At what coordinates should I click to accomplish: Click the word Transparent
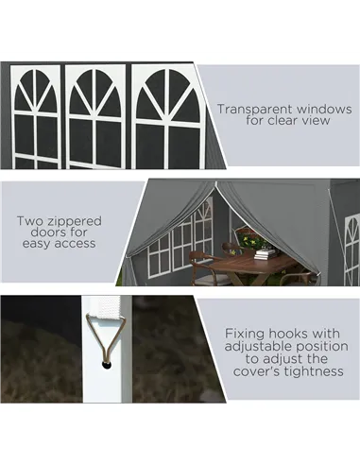[255, 110]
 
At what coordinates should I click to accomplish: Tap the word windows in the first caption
[325, 109]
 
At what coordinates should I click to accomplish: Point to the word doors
[46, 232]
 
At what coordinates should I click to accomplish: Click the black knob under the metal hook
[107, 365]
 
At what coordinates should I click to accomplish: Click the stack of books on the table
[266, 253]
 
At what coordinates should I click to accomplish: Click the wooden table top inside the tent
[253, 264]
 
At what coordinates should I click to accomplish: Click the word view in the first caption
[316, 120]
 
